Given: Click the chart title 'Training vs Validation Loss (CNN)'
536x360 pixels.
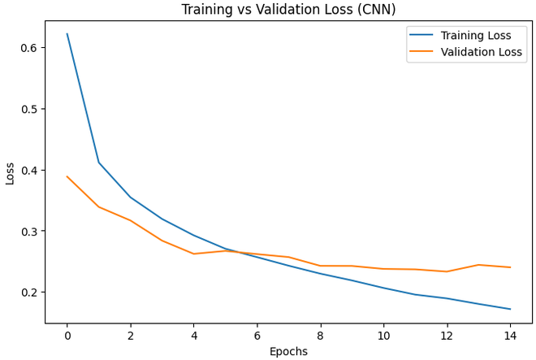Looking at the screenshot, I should (288, 10).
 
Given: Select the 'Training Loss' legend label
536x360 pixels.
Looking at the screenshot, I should (476, 36).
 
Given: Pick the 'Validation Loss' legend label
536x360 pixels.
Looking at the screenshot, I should (482, 52).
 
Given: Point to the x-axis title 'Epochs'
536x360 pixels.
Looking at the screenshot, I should (288, 352).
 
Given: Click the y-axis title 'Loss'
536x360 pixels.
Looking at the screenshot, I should (10, 172).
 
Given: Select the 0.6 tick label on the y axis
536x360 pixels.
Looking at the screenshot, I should (29, 48).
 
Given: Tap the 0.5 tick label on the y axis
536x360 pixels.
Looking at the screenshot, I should (29, 109).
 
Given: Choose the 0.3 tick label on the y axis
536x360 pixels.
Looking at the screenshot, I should (29, 232).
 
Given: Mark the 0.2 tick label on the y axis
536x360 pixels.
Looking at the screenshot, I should (29, 293).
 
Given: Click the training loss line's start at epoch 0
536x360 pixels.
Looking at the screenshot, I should (67, 34).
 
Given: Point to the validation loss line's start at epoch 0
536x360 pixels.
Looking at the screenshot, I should (67, 176).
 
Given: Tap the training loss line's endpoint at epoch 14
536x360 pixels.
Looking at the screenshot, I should (510, 309).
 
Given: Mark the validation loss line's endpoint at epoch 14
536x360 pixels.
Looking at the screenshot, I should (510, 267).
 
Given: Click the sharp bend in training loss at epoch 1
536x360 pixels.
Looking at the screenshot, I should (99, 163).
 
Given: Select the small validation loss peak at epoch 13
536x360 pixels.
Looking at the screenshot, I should (478, 265).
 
